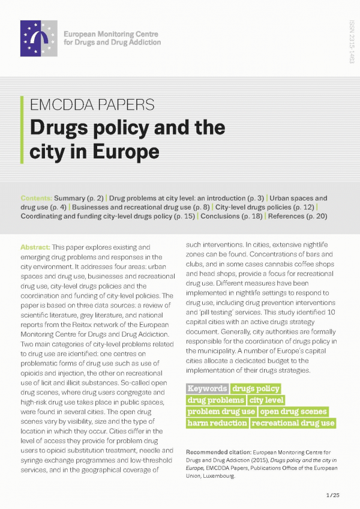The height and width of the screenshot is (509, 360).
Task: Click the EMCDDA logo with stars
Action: click(x=39, y=38)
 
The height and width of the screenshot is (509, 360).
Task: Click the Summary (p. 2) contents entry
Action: click(x=78, y=197)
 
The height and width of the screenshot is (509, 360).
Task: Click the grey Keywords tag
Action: click(x=208, y=388)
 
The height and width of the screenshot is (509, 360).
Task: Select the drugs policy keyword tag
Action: click(x=256, y=388)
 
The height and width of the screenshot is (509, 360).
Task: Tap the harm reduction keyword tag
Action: click(x=217, y=423)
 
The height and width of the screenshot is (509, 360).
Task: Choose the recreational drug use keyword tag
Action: click(x=293, y=423)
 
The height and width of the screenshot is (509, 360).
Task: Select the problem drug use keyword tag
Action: click(x=221, y=411)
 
